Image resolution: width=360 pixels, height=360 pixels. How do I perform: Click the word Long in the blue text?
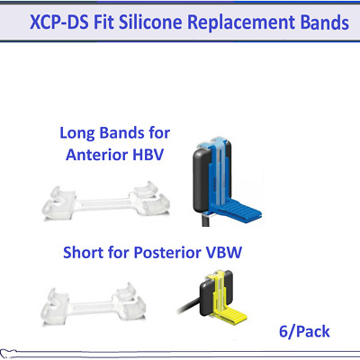click(78, 132)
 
